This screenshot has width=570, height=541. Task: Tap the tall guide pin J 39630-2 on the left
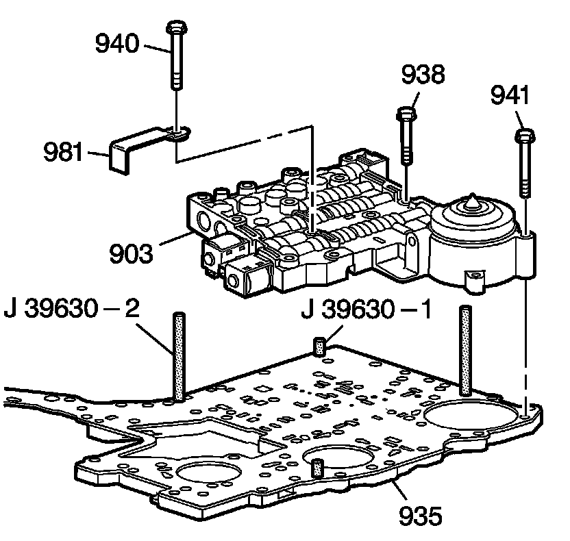pyautogui.click(x=179, y=356)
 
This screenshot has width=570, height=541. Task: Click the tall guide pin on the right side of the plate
pyautogui.click(x=466, y=349)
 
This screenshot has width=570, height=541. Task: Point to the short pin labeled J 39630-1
pyautogui.click(x=319, y=345)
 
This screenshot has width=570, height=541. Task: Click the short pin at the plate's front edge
pyautogui.click(x=317, y=469)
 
